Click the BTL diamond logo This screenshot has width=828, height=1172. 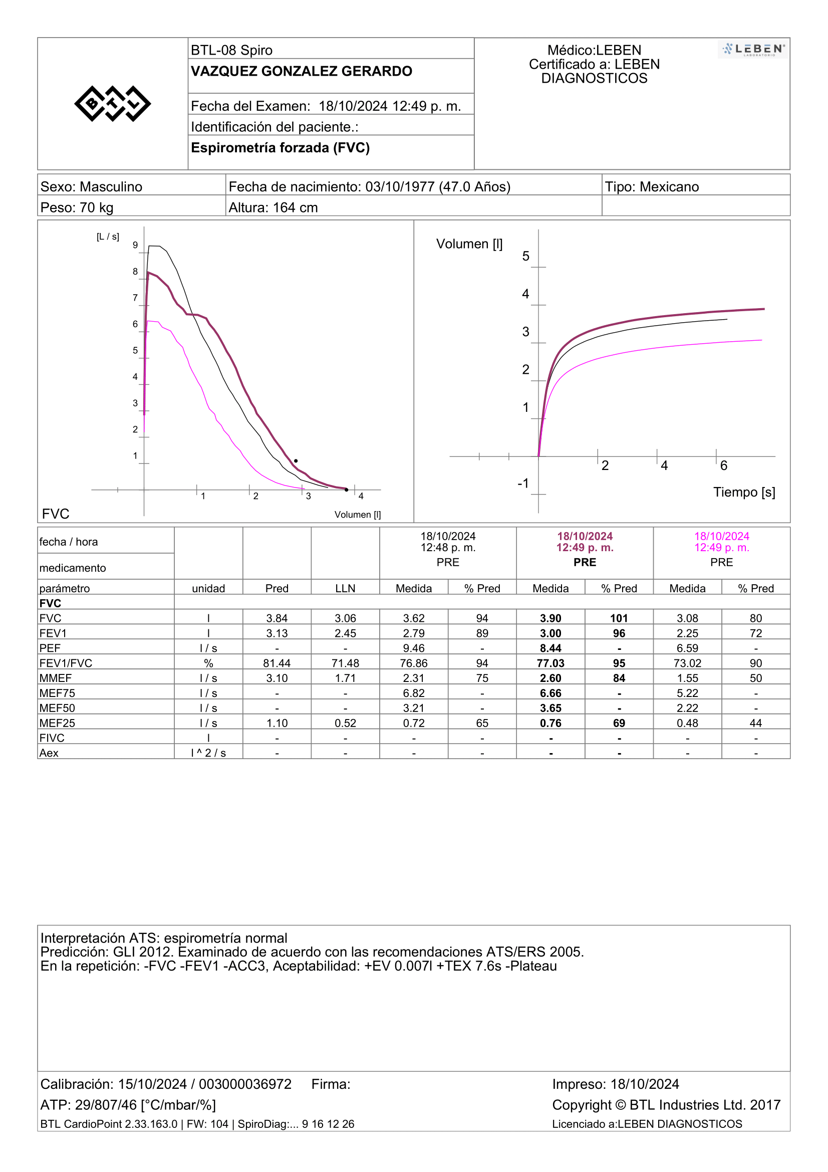tap(112, 104)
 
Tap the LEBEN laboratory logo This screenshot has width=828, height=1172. tap(753, 50)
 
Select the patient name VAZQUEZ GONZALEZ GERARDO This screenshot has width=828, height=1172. tap(301, 72)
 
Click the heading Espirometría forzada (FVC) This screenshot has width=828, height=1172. tap(280, 147)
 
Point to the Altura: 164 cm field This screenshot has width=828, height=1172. tap(273, 208)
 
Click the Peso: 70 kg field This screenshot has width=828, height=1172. tap(77, 208)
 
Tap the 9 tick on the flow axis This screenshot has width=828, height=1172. tap(135, 245)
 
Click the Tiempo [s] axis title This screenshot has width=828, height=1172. tap(744, 492)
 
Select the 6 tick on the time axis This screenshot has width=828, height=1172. tap(723, 465)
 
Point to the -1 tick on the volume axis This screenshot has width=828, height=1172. tap(523, 483)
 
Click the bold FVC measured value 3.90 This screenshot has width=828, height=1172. tap(550, 618)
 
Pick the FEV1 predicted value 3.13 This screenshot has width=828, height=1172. tap(277, 633)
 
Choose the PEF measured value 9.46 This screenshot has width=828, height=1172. tap(414, 648)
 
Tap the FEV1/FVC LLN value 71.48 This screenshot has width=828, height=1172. tap(346, 663)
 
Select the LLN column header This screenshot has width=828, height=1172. tap(346, 589)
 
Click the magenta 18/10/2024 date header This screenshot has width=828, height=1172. tap(721, 536)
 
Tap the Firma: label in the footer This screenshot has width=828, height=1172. tap(331, 1084)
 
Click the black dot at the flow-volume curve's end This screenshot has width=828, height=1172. tap(347, 490)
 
